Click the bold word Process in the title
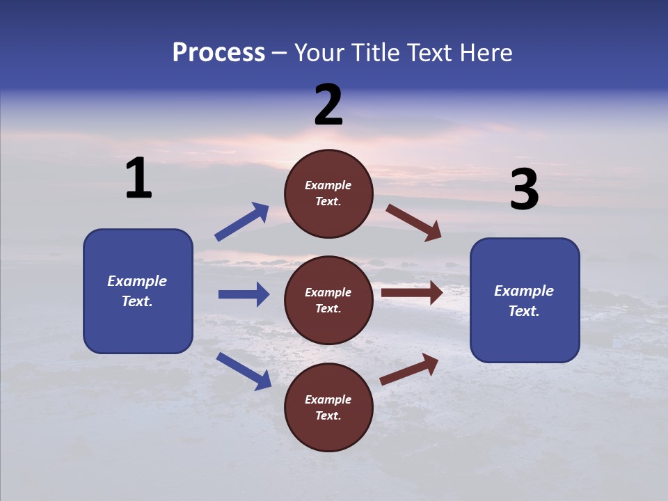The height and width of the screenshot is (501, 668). [218, 53]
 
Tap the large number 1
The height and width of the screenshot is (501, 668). [138, 179]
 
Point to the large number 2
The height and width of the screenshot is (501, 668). [328, 105]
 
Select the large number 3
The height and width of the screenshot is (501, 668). [525, 190]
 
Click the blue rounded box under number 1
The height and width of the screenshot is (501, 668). [138, 291]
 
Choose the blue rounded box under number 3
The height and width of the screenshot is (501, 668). [525, 301]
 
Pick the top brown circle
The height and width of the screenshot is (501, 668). [328, 193]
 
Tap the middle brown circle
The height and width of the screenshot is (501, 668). [328, 301]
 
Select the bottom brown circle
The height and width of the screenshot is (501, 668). [328, 408]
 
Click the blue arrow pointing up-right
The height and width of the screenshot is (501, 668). [242, 222]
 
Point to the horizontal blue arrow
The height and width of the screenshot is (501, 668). [244, 294]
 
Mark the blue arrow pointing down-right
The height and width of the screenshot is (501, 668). [244, 371]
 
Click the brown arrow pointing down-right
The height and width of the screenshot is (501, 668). [414, 223]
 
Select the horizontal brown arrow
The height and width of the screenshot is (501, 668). [412, 293]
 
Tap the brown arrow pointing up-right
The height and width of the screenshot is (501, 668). [409, 369]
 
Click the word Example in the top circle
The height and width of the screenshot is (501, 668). [328, 185]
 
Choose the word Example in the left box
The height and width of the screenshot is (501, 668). [137, 281]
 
